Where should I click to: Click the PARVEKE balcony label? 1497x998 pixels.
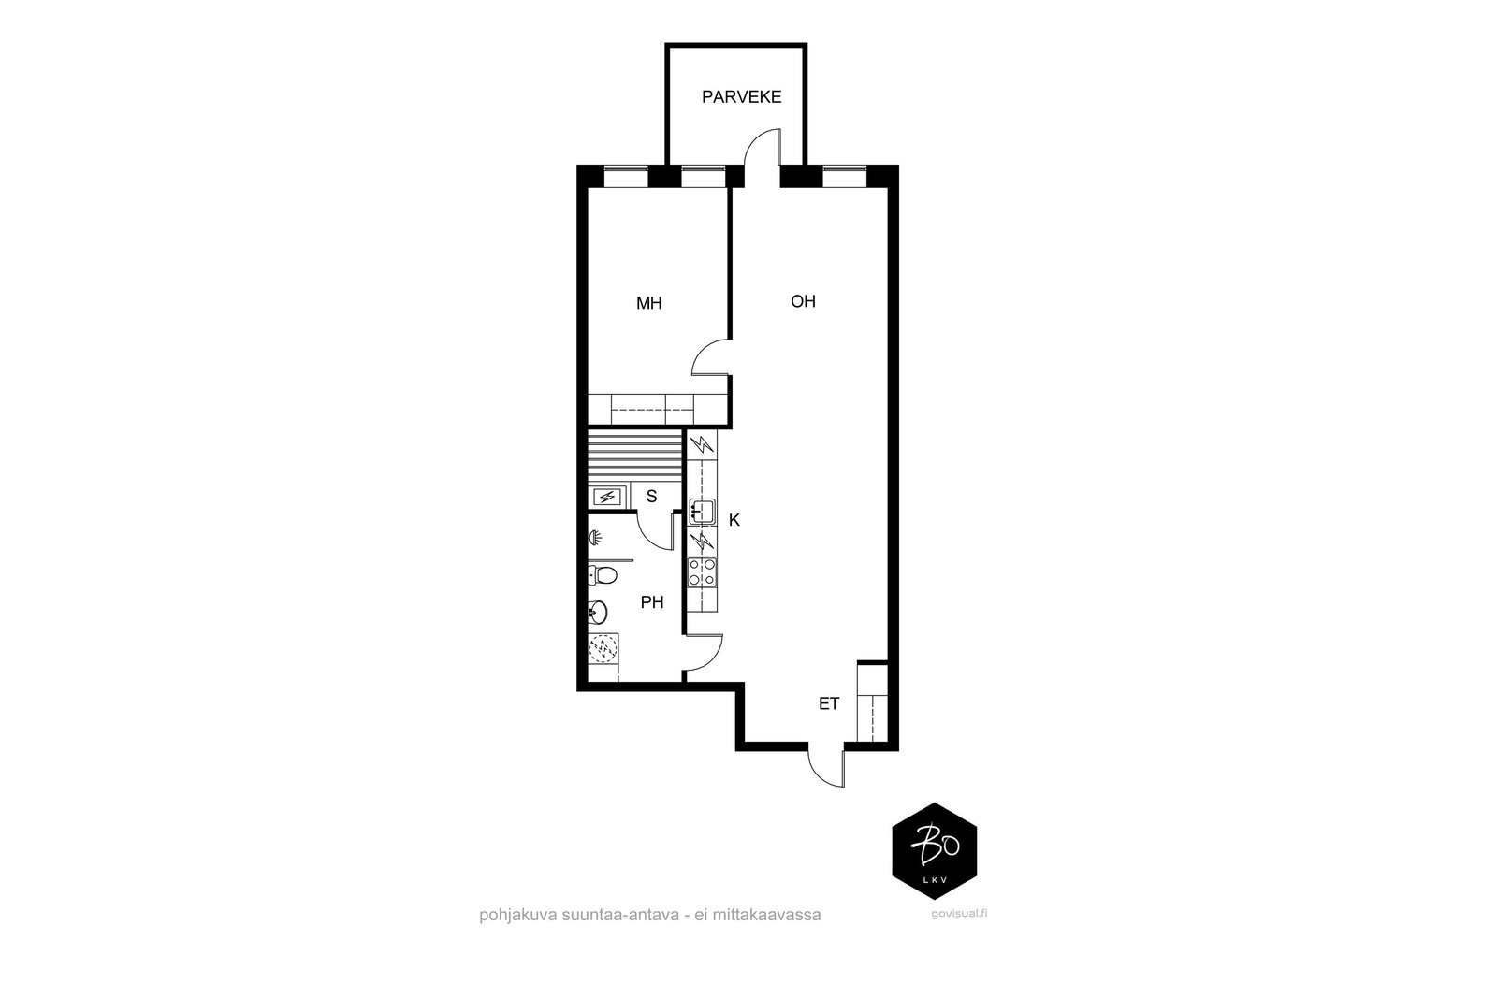(x=741, y=97)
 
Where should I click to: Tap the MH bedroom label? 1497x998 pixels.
(x=649, y=303)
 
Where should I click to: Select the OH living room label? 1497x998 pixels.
(x=804, y=301)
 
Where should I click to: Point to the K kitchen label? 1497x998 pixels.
(x=734, y=520)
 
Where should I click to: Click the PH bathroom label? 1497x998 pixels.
(x=652, y=602)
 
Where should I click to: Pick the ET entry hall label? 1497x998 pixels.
(x=829, y=703)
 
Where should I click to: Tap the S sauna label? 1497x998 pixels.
(x=651, y=497)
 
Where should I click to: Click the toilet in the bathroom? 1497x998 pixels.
(x=603, y=574)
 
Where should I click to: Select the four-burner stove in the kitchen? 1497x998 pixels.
(x=702, y=572)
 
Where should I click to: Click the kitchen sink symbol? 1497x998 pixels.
(x=702, y=511)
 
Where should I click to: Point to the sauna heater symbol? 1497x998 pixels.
(x=607, y=497)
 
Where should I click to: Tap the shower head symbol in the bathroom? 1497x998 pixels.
(x=595, y=537)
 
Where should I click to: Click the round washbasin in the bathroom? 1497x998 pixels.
(x=598, y=611)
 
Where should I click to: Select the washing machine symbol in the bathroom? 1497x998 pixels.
(x=603, y=648)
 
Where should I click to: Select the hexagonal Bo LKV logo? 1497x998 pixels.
(x=935, y=851)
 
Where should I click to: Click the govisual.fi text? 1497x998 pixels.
(x=959, y=914)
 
